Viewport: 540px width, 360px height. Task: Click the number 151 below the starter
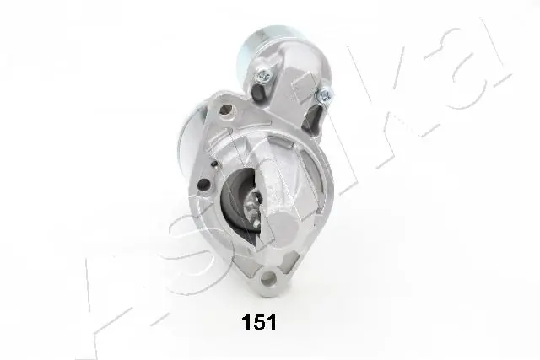tap(259, 322)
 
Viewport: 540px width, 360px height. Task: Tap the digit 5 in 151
tap(259, 322)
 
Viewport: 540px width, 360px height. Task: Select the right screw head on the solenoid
tap(324, 94)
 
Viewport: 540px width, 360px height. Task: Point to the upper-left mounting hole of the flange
tap(226, 110)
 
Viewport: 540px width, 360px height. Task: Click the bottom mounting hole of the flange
tap(268, 278)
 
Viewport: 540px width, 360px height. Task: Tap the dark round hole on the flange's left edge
tap(204, 185)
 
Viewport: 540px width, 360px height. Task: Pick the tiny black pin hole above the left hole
tap(214, 163)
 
